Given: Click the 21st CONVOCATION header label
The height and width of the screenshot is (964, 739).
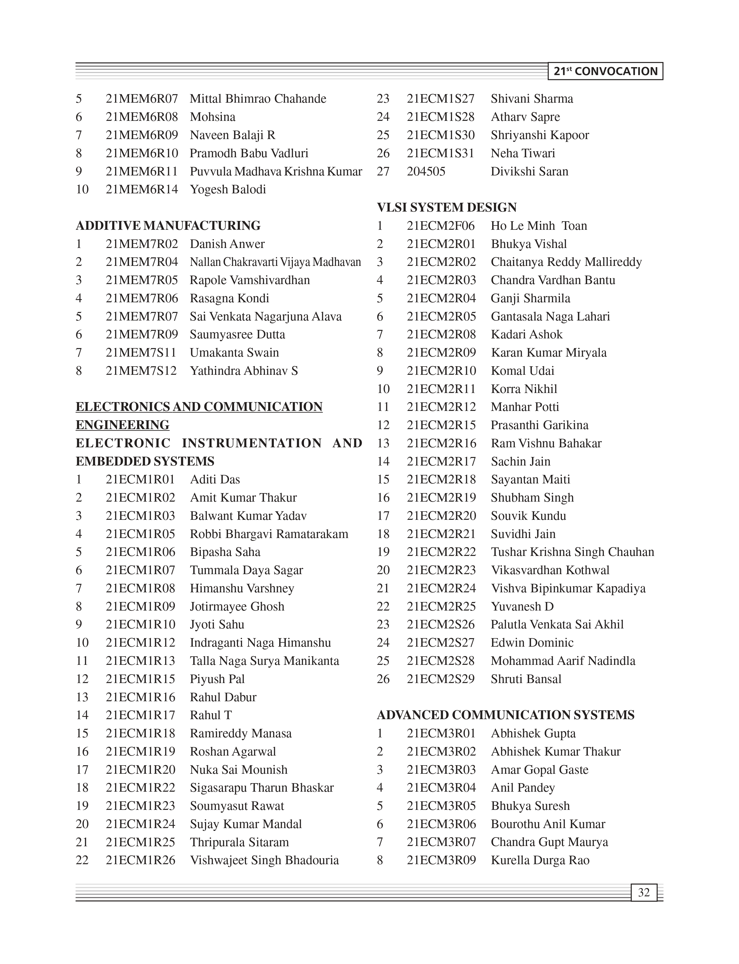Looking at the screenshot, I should click(605, 71).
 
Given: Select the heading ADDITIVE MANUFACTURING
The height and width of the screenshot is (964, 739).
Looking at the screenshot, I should click(168, 226).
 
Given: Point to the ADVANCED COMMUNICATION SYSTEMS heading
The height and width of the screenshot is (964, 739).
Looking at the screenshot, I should click(506, 715).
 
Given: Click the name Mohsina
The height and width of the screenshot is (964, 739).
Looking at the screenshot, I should click(212, 117).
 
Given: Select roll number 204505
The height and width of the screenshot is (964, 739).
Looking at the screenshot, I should click(426, 171).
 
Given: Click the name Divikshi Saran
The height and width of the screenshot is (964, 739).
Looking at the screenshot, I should click(529, 171).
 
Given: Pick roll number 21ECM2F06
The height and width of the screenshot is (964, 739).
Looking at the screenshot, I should click(441, 226).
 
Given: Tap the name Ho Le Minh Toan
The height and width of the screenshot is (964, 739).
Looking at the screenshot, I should click(539, 226).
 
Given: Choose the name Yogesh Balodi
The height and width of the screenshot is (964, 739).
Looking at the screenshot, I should click(228, 190).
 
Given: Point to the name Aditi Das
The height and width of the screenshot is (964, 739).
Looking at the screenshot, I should click(215, 479).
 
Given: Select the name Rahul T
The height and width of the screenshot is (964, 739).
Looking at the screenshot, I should click(211, 715).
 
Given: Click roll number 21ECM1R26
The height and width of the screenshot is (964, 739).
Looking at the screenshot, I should click(140, 860).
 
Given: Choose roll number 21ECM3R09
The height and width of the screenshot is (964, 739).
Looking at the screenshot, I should click(441, 860).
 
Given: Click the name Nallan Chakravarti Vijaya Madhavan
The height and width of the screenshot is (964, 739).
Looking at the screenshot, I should click(275, 262).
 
